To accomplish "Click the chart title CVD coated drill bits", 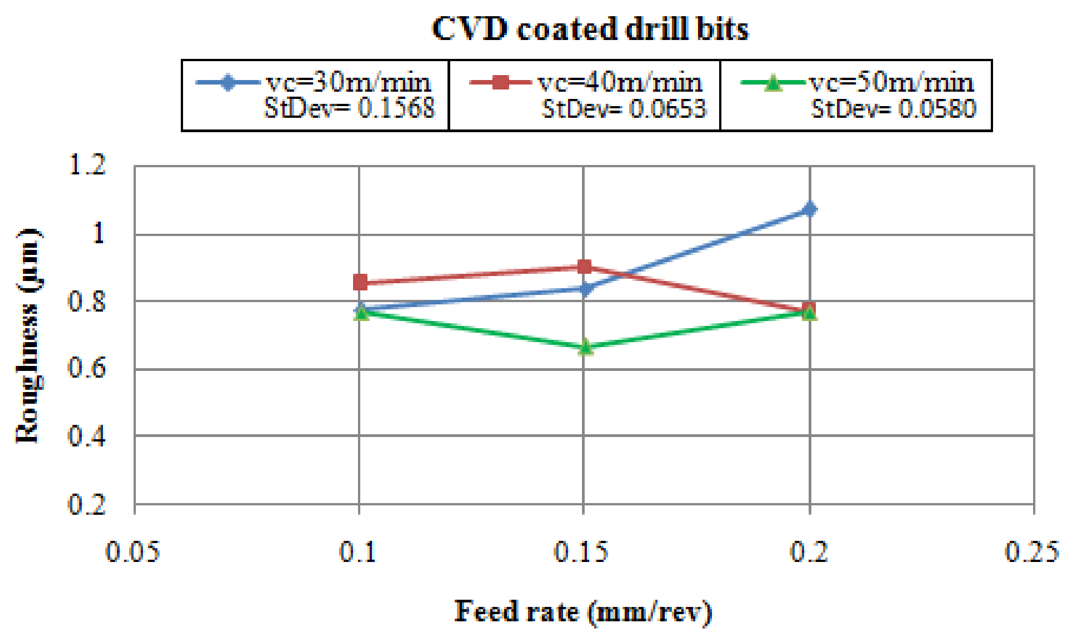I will coord(590,29).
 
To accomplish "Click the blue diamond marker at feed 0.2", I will coord(810,209).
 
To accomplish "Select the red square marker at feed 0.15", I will coord(584,267).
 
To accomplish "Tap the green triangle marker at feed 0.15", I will coord(585,347).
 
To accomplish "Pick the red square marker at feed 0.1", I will coord(360,282).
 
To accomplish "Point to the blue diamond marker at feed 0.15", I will coord(585,289).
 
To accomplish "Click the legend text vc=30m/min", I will coord(349,83).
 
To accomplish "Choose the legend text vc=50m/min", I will coord(891,83).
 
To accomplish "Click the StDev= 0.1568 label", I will coord(349,108).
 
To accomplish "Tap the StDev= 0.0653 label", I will coord(624,108).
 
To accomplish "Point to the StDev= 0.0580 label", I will coord(893,108).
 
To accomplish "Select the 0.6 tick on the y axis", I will coord(86,368).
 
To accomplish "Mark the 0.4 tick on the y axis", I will coord(86,436).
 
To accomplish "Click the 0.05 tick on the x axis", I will coord(133,552).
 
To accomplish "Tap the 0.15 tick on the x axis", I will coord(581,552).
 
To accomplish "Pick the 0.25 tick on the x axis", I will coord(1032,552).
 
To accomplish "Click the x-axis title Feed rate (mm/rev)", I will coord(583,612).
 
